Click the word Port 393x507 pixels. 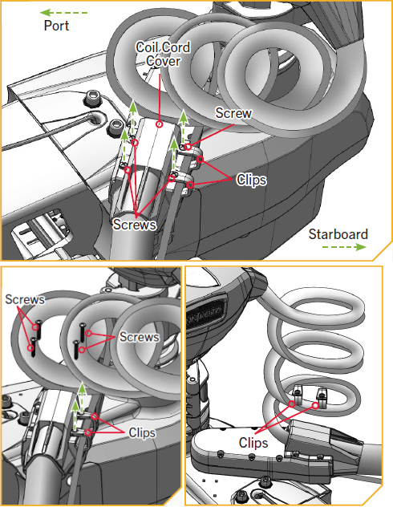[x=56, y=26]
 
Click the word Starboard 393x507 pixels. [x=338, y=234]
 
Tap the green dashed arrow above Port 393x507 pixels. [x=63, y=13]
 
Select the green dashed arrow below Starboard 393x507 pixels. [x=344, y=247]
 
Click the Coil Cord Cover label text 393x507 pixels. [x=163, y=54]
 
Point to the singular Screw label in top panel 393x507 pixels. [x=233, y=113]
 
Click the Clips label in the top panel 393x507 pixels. [x=252, y=180]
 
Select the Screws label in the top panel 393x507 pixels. [x=135, y=224]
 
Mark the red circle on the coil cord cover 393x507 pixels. [x=159, y=124]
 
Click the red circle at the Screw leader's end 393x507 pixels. [x=188, y=147]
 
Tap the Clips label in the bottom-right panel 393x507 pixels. [x=253, y=443]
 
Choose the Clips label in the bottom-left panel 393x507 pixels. [x=142, y=432]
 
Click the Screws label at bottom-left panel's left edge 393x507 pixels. [x=25, y=299]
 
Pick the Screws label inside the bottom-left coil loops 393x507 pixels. [x=140, y=337]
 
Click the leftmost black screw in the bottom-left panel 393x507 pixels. [x=33, y=347]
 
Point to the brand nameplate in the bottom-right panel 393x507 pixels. [x=205, y=314]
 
